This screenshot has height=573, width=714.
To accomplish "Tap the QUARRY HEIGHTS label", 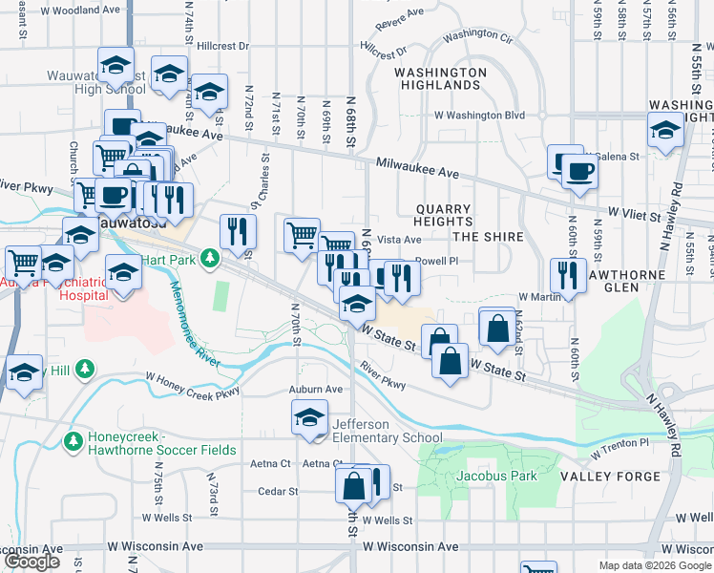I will pos(443,216).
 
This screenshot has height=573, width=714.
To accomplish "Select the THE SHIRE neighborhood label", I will pos(488,237).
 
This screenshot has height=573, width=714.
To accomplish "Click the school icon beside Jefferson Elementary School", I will pos(309,417).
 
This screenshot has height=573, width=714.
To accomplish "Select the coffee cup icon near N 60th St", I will pos(578,171).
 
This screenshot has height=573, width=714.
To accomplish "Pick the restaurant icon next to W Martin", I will pos(568,275).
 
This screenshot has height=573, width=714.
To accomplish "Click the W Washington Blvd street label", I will pos(486,116).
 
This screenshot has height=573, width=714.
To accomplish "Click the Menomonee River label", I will pos(191,323).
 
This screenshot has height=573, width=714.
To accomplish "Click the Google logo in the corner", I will pos(31,562).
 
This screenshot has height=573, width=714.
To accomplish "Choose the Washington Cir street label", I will pos(478,34).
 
